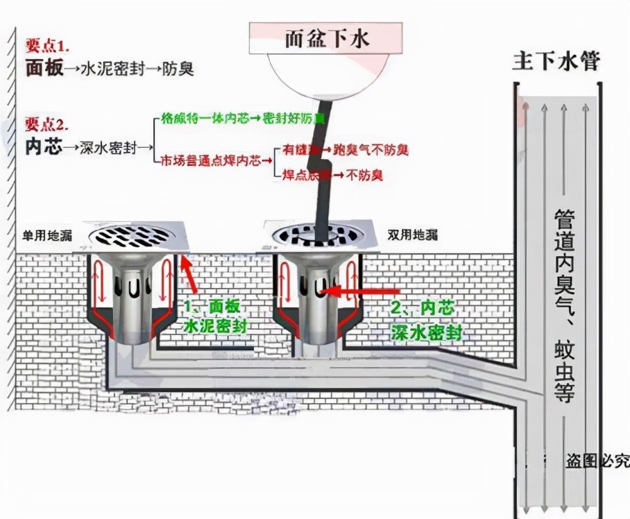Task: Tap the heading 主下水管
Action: coord(556,62)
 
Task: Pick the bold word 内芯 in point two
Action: coord(44,147)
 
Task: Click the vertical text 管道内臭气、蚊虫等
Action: coord(563,305)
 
